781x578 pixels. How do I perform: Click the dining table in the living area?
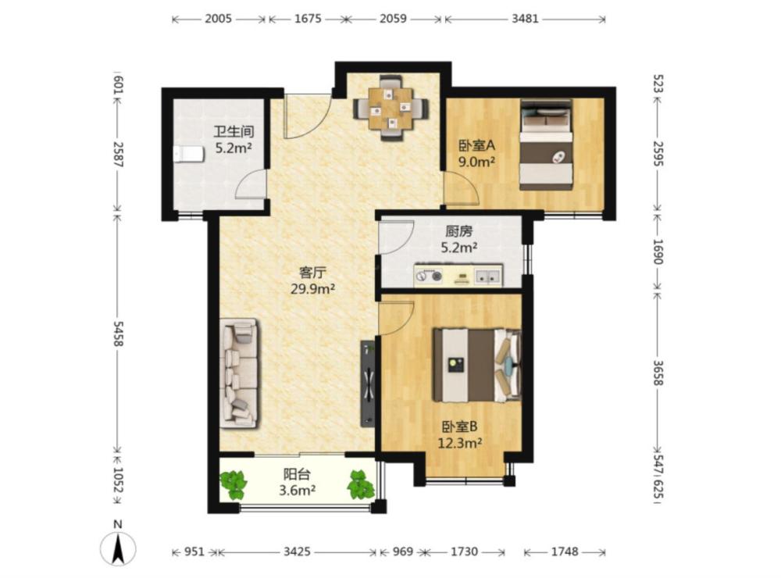pos(390,108)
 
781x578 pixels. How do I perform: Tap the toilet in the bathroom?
pos(189,154)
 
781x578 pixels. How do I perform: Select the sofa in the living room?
pos(240,373)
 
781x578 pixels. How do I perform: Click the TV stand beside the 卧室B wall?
pos(368,384)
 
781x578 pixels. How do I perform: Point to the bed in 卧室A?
pos(546,144)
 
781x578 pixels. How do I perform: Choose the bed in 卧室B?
pos(477,365)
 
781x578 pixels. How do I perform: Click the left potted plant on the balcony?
pos(233,485)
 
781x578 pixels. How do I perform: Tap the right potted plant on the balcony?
pos(362,483)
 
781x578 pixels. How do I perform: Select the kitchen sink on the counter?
pos(487,276)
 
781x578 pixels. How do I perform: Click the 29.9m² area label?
pos(313,288)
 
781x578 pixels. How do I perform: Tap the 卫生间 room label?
pos(234,131)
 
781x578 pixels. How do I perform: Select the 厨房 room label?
pos(458,231)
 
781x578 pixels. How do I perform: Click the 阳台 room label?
pos(296,474)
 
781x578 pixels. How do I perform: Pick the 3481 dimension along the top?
pos(525,19)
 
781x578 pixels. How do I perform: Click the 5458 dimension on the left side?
pos(118,334)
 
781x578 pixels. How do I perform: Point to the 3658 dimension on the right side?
pos(658,373)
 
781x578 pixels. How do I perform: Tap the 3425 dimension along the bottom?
pos(297,551)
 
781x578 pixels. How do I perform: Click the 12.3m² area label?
pos(459,442)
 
